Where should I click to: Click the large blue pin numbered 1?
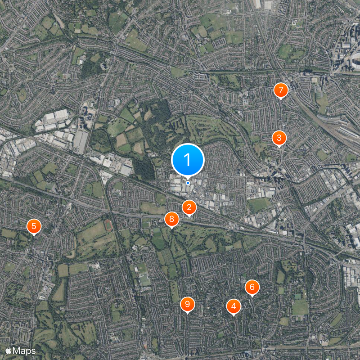coord(188,160)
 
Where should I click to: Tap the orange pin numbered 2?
coord(189,207)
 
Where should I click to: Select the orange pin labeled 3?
coord(279,137)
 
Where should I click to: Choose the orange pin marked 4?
coord(233,306)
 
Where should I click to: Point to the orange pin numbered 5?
coord(33,226)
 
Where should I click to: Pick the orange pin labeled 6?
coord(252,287)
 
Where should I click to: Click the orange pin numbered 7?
coord(281,90)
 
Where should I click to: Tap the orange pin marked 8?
coord(171,220)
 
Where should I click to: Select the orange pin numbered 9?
coord(187,304)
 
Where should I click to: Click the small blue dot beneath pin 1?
coord(188,183)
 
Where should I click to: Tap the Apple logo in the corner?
coord(9,350)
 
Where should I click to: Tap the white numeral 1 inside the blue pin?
coord(188,159)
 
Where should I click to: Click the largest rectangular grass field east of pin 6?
coord(300,307)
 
